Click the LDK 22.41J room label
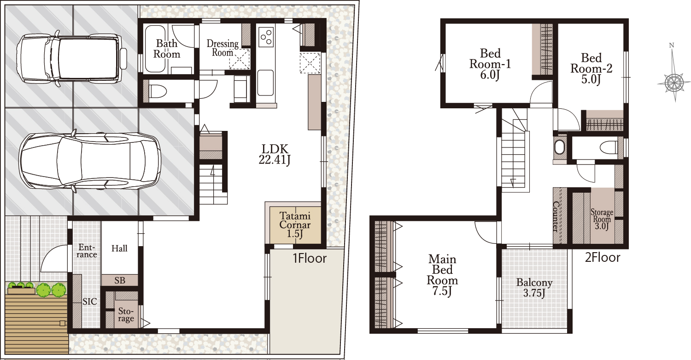[275, 154]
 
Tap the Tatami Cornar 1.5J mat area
[295, 225]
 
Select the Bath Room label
[167, 49]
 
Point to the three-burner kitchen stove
[266, 37]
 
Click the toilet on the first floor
[158, 92]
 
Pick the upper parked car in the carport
[71, 59]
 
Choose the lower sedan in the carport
[89, 161]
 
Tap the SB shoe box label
[120, 280]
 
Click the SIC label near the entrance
[90, 301]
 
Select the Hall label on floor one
[119, 248]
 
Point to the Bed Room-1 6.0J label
[490, 64]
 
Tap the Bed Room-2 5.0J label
[591, 69]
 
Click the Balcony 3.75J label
[534, 288]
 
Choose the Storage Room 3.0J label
[602, 219]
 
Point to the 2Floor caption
[603, 258]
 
